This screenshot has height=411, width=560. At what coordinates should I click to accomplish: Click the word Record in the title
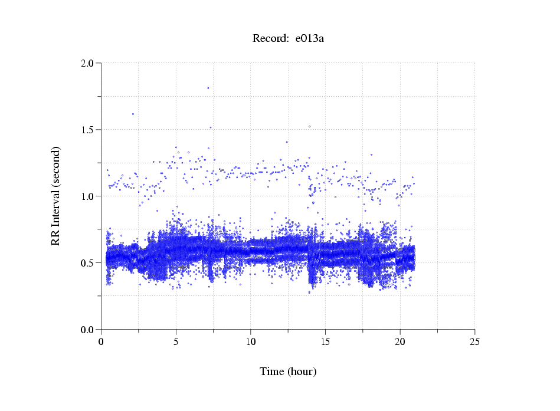[268, 39]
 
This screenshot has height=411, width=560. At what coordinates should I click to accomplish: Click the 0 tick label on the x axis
[101, 341]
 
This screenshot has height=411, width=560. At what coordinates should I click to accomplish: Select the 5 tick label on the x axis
[176, 341]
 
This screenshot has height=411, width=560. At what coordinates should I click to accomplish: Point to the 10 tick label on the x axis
[250, 341]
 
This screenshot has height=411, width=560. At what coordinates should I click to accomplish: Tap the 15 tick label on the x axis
[325, 341]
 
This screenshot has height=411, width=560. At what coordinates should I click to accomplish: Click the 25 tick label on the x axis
[474, 341]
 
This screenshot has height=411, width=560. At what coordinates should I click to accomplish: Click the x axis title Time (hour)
[288, 371]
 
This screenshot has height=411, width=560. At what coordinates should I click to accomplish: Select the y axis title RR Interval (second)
[55, 196]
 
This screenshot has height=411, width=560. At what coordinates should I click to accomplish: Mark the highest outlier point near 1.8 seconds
[208, 88]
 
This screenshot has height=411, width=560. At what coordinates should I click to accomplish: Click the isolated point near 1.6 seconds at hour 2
[133, 114]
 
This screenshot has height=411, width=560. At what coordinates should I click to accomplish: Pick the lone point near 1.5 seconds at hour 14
[309, 126]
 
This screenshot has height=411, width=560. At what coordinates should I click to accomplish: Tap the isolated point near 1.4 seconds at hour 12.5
[287, 142]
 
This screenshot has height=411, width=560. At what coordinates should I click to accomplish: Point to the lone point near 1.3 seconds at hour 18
[371, 154]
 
